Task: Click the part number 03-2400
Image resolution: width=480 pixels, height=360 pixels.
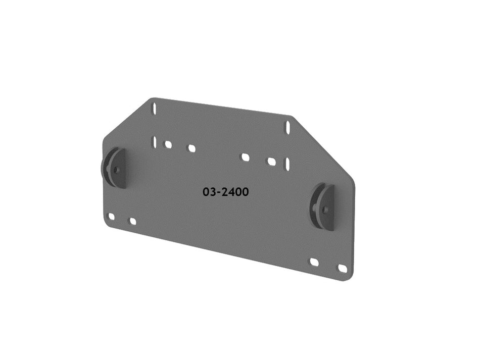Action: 225,192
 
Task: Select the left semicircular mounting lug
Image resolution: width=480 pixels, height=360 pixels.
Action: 115,168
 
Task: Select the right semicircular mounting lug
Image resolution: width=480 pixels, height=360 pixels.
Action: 323,208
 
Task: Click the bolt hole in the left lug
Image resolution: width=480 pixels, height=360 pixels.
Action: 117,170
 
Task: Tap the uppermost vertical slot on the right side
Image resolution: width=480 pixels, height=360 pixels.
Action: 287,127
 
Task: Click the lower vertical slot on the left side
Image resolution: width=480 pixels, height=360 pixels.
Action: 154,142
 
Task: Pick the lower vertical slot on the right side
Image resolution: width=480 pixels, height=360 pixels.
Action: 287,164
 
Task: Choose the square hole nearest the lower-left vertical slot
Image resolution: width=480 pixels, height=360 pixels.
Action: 168,144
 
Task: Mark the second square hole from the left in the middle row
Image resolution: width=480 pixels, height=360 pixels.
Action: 191,148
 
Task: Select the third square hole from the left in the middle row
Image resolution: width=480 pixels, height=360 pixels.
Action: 245,157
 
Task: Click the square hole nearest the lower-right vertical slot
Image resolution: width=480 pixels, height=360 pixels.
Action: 271,162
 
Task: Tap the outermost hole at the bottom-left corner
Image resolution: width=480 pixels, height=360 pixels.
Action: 112,217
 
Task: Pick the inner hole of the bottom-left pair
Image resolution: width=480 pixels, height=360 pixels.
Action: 133,221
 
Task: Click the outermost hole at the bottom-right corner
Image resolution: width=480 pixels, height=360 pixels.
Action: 343,269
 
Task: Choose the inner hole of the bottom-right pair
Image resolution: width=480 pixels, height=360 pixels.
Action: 314,262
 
